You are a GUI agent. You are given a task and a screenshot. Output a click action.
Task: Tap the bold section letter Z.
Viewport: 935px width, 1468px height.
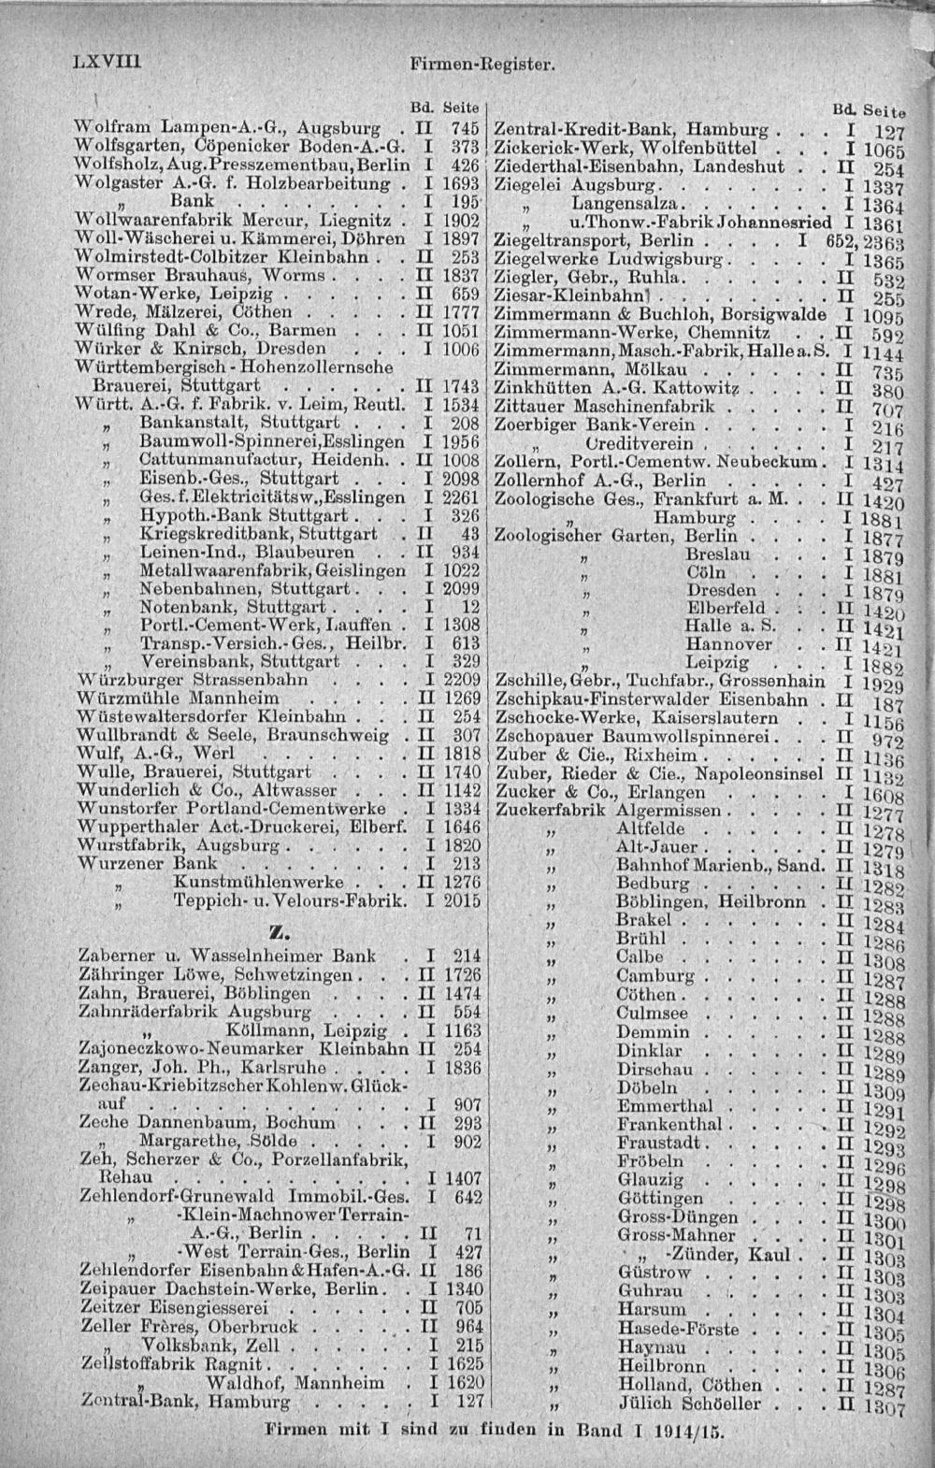pyautogui.click(x=275, y=930)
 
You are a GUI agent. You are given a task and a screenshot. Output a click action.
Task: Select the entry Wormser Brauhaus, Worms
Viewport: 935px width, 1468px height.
pyautogui.click(x=201, y=276)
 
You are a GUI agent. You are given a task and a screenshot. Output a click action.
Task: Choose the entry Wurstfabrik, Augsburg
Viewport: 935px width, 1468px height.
pyautogui.click(x=179, y=845)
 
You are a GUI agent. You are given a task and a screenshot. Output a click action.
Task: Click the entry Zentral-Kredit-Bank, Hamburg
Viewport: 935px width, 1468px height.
pyautogui.click(x=631, y=128)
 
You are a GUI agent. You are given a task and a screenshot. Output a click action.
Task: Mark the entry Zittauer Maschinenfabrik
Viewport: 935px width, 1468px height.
pyautogui.click(x=604, y=407)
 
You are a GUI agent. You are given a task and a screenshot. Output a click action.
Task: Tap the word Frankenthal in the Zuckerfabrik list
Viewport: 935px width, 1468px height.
pyautogui.click(x=669, y=1124)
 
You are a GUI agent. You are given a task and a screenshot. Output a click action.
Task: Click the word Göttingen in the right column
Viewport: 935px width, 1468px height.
pyautogui.click(x=660, y=1198)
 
